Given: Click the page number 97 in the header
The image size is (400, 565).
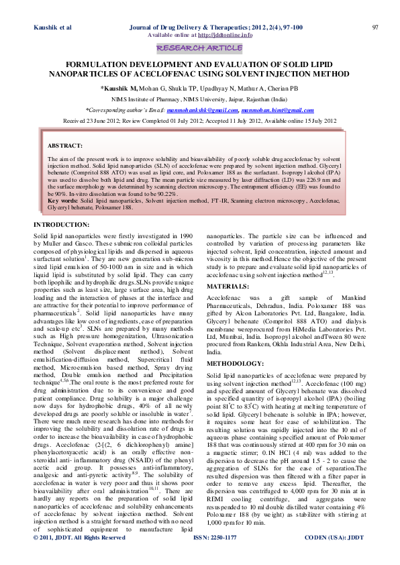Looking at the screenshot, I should pos(375,27).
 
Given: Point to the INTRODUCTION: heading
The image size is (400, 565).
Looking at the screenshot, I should pos(62,223).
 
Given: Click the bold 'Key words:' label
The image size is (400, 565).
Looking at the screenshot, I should pos(62,202).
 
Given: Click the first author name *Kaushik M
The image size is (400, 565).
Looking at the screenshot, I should pos(119,88).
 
